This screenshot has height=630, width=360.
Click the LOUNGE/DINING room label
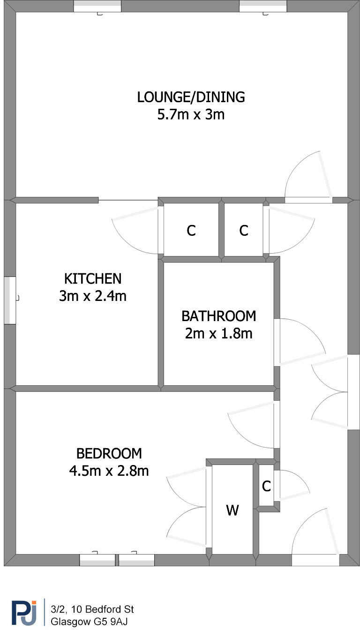tap(191, 97)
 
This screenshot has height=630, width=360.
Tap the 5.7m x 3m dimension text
tap(191, 114)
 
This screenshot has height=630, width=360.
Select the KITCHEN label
tap(93, 278)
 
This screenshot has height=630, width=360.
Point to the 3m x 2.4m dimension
tap(93, 296)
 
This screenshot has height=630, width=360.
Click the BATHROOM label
tap(218, 316)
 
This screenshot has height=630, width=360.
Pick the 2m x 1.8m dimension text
tap(218, 333)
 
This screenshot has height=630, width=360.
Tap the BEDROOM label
tap(109, 453)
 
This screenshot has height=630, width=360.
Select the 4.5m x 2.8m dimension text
tap(109, 471)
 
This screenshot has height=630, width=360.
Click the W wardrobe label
tap(232, 510)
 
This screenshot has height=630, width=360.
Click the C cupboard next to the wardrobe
tap(266, 487)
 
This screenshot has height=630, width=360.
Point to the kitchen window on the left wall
tap(10, 300)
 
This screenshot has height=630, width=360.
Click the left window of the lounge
tap(97, 6)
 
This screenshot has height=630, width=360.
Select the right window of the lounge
tap(263, 6)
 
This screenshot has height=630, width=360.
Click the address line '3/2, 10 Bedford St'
tap(92, 609)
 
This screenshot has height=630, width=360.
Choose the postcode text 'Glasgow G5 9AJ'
tap(89, 622)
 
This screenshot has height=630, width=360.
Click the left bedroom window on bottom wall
tap(97, 560)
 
